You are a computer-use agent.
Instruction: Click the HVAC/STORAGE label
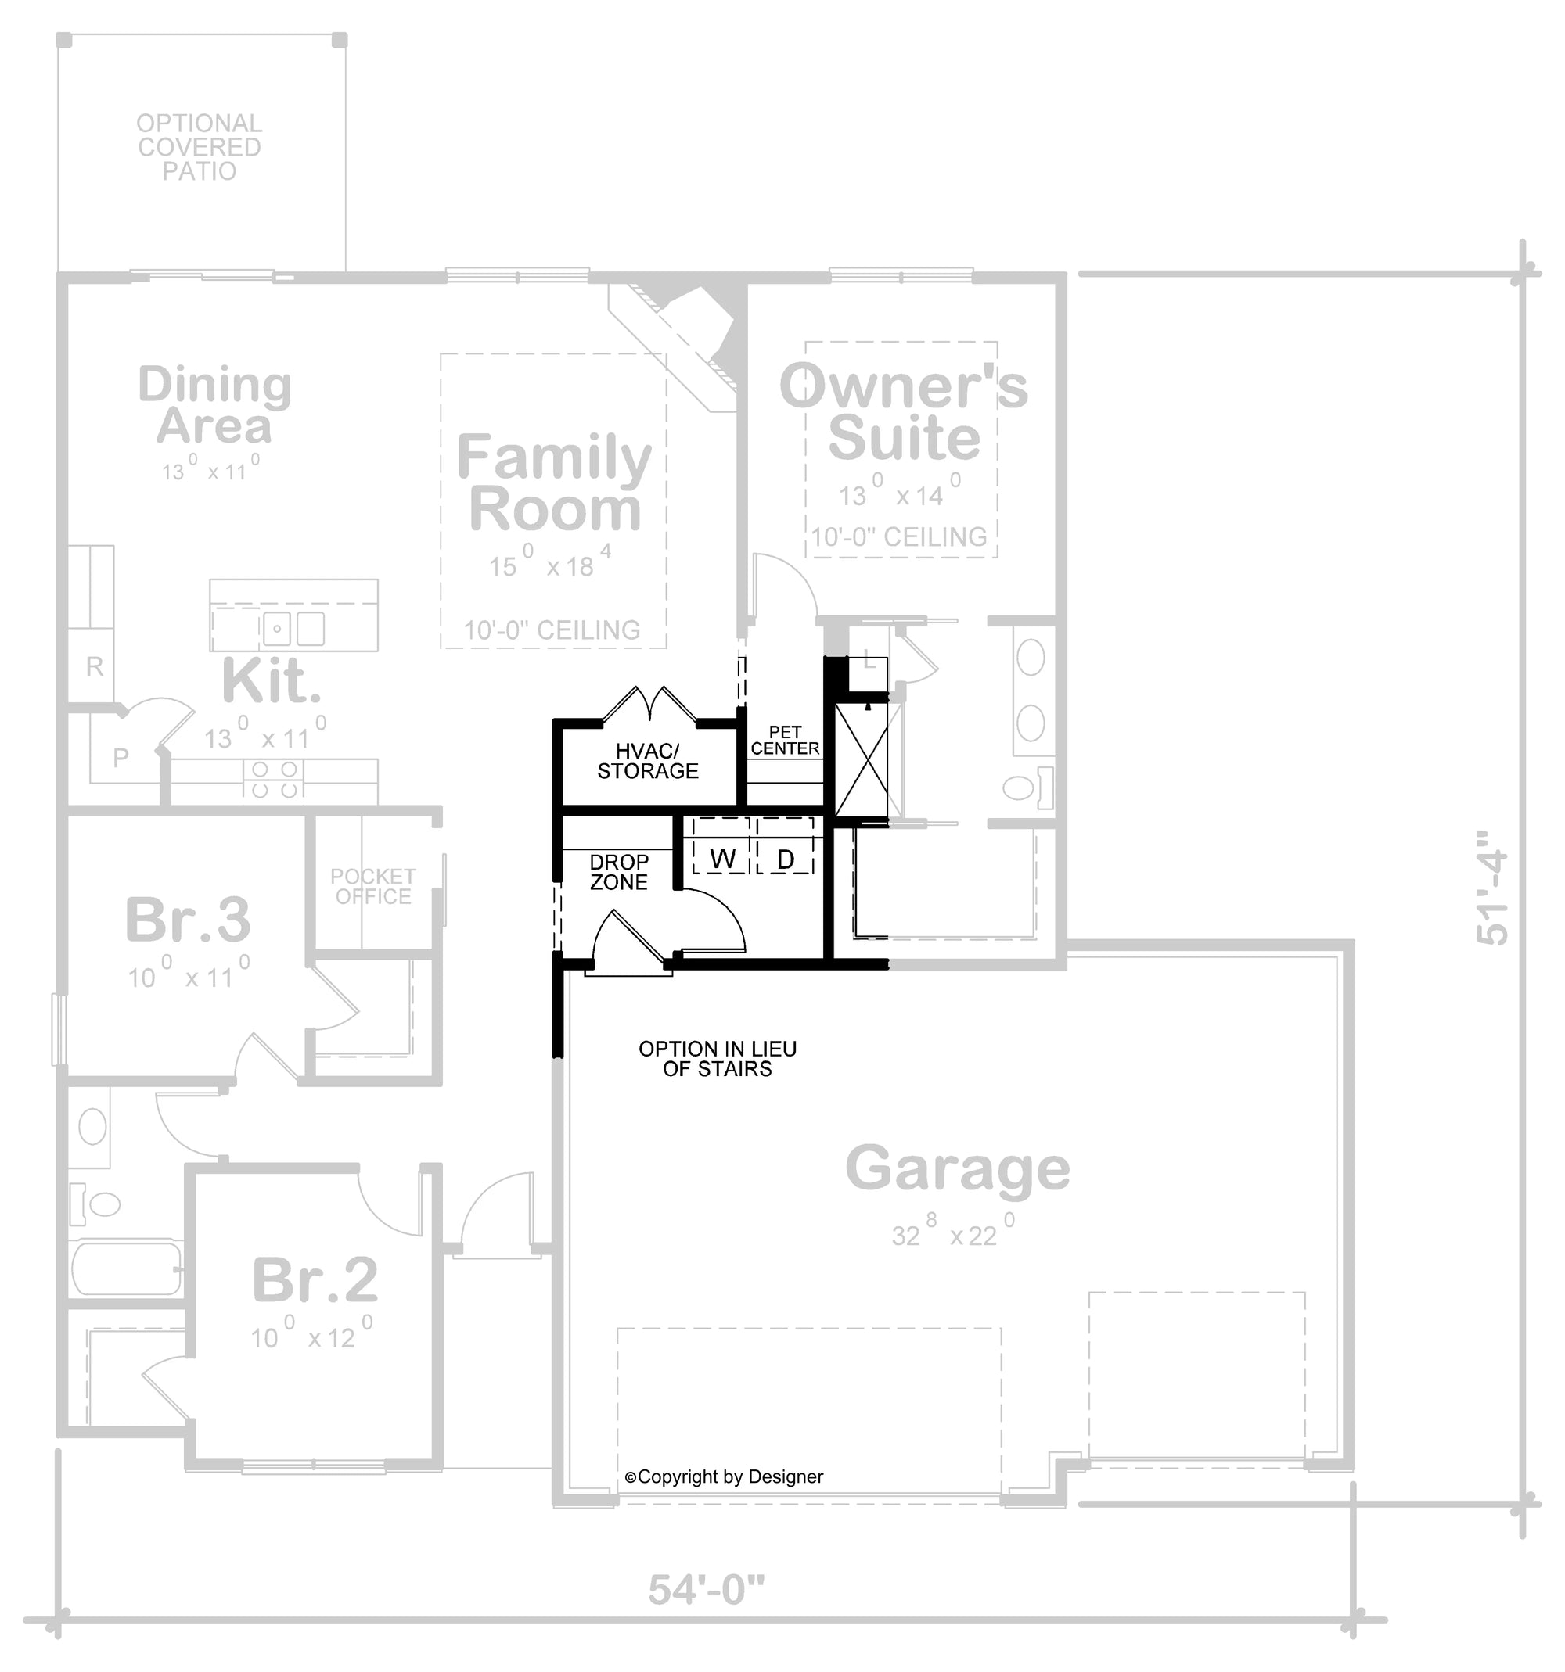tap(647, 761)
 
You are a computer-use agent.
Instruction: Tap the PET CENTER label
tap(784, 740)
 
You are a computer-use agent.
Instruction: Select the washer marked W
tap(722, 859)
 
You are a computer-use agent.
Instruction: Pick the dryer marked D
tap(785, 859)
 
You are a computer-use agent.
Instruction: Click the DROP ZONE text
tap(618, 872)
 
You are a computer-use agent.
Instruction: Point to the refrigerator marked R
tap(94, 667)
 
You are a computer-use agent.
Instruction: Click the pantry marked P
tap(121, 758)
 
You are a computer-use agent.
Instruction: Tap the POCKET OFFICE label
tap(372, 887)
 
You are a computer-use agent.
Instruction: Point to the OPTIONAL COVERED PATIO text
tap(200, 147)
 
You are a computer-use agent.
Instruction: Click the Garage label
tap(957, 1168)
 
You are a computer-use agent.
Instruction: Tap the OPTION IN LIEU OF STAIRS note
tap(717, 1059)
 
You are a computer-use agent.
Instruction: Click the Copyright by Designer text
tap(724, 1476)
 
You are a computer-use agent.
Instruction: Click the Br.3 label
tap(188, 920)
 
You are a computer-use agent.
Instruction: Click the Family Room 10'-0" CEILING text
tap(552, 630)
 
